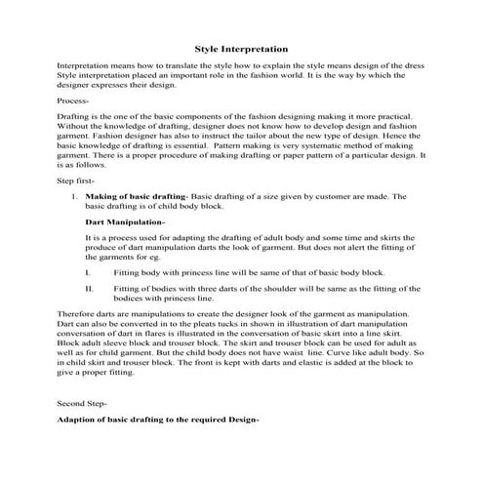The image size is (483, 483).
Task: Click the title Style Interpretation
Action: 240,47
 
